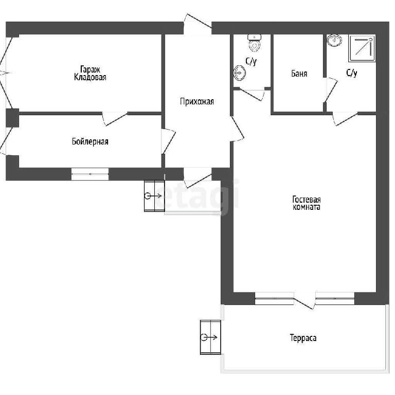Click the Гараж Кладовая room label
[90, 73]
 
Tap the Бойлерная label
[90, 141]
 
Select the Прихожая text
[197, 101]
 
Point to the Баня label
[299, 74]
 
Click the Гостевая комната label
[307, 203]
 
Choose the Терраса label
[303, 337]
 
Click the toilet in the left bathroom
[255, 43]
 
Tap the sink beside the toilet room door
[240, 73]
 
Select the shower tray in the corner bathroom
[362, 48]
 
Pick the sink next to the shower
[334, 40]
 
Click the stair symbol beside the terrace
[210, 337]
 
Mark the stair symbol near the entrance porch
[154, 196]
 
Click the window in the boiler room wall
[90, 174]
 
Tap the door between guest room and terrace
[304, 300]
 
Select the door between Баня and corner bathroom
[331, 90]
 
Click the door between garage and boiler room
[115, 118]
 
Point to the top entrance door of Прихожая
[197, 25]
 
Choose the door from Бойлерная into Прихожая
[168, 141]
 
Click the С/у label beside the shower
[352, 73]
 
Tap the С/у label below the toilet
[251, 61]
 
